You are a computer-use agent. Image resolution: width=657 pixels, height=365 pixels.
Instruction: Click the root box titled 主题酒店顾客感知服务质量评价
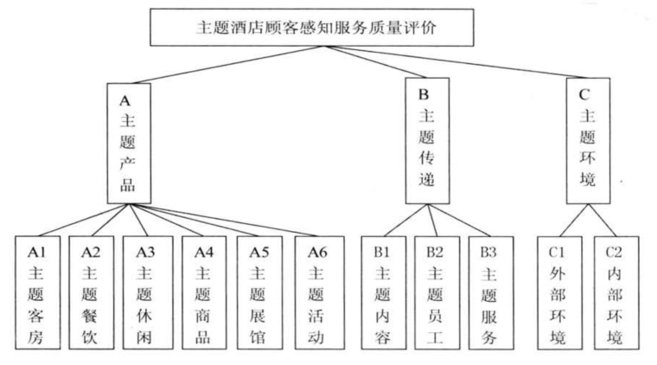click(312, 27)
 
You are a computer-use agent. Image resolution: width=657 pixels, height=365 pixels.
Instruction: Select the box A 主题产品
click(129, 144)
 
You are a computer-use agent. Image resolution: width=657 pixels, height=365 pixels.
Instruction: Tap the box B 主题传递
click(427, 141)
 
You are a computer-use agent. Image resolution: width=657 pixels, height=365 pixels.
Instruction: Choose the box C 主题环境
click(588, 141)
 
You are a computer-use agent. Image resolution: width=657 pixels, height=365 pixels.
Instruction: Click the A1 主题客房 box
click(37, 292)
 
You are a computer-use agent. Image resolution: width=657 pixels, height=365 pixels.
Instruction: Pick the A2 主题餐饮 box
click(92, 292)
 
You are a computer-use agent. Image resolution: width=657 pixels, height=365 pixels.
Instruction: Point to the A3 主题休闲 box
click(148, 292)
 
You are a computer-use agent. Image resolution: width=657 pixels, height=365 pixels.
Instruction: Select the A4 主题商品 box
click(204, 292)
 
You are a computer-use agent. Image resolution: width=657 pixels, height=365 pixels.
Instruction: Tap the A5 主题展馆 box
click(259, 292)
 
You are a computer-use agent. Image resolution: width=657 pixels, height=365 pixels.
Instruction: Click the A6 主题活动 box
click(319, 292)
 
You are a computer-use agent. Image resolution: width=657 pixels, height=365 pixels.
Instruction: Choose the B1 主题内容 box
click(383, 292)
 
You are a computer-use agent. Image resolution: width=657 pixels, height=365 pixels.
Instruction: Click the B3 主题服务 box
click(491, 292)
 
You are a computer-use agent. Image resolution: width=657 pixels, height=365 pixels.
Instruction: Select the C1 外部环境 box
click(560, 292)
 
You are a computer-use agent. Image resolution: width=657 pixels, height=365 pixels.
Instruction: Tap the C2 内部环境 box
click(616, 292)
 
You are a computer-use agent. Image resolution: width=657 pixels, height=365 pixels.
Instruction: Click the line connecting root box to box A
click(228, 65)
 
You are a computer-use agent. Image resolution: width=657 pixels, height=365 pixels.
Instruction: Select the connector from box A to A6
click(222, 220)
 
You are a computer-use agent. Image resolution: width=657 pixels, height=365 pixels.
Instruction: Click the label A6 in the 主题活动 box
click(317, 253)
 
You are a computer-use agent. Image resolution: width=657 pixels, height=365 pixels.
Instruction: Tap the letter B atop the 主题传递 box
click(424, 94)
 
